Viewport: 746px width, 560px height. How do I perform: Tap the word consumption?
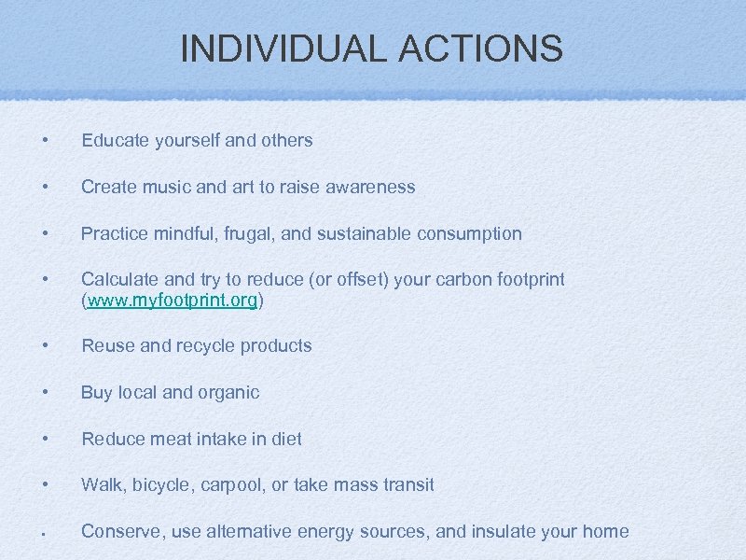tap(470, 233)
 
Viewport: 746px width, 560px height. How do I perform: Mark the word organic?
tap(228, 392)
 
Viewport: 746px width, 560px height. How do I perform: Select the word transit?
tap(405, 485)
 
